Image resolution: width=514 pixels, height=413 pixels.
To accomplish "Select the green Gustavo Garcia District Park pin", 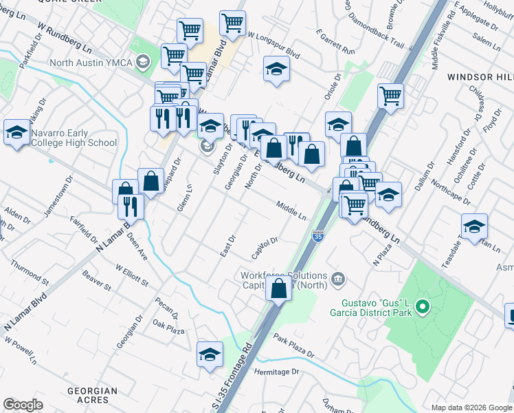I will point(422,306).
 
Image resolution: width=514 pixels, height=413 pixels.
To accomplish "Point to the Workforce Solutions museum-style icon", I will point(338,278).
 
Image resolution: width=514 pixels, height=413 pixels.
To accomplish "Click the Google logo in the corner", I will point(23,405).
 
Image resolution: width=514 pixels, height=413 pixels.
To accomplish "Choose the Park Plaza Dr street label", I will point(293,347).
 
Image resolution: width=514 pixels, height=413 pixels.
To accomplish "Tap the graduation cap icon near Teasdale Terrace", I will point(474,226).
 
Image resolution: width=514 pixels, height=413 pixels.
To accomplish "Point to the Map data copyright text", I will point(471,407).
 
